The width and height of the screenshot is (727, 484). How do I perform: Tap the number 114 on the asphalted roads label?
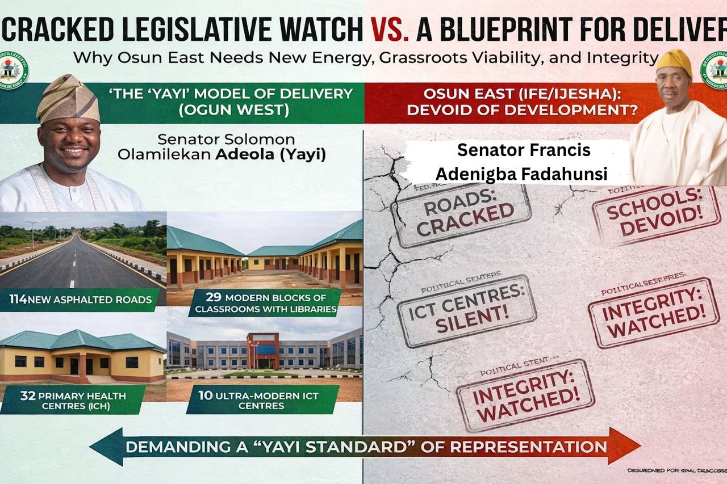[18, 298]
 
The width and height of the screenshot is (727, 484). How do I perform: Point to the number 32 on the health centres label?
[28, 395]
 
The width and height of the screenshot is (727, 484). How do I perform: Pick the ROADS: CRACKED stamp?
[461, 216]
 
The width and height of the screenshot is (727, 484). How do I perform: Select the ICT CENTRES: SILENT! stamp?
[467, 311]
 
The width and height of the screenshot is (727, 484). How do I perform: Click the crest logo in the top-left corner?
[14, 72]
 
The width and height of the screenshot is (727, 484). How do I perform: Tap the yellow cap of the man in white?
[674, 61]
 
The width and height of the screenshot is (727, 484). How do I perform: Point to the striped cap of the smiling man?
[68, 99]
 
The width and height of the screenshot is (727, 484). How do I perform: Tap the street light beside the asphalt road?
[32, 233]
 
